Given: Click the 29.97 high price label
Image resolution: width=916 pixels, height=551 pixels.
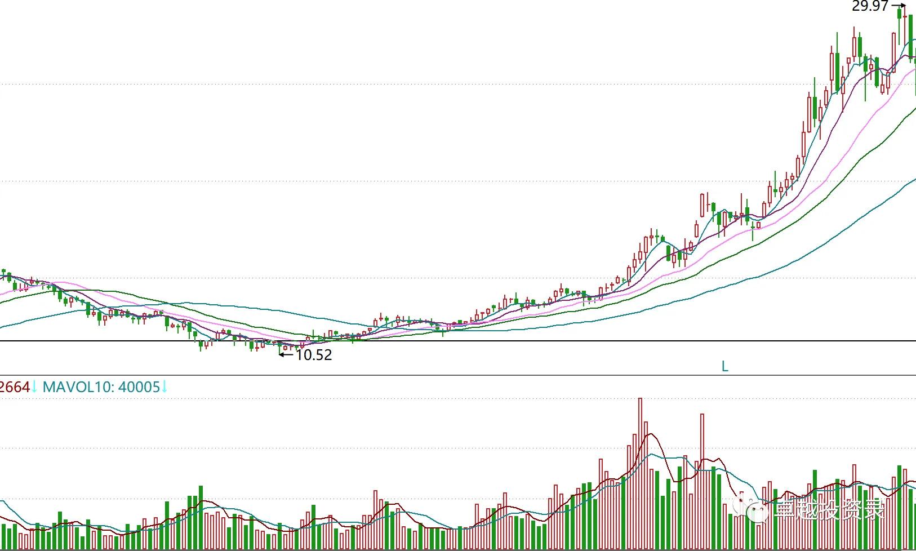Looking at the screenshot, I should tap(870, 6).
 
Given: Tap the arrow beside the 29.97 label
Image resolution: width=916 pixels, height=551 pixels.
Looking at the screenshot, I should tap(899, 6).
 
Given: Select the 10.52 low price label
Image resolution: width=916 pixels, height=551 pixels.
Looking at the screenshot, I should tap(314, 355).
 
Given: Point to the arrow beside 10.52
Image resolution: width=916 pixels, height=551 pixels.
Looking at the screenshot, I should tap(286, 354).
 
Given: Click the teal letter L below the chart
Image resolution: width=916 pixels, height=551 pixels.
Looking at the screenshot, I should tap(725, 366).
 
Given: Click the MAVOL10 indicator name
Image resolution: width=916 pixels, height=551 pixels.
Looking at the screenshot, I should tap(78, 387).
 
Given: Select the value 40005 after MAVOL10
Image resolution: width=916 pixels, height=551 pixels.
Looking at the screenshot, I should tap(139, 387).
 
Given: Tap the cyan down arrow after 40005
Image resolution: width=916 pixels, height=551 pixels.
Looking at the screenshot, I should tap(164, 387).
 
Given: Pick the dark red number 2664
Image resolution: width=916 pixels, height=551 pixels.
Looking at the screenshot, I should tap(15, 387).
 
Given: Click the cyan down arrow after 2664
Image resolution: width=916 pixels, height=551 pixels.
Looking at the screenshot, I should tap(34, 387).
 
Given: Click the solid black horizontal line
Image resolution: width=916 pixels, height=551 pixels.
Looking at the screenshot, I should tap(507, 341).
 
